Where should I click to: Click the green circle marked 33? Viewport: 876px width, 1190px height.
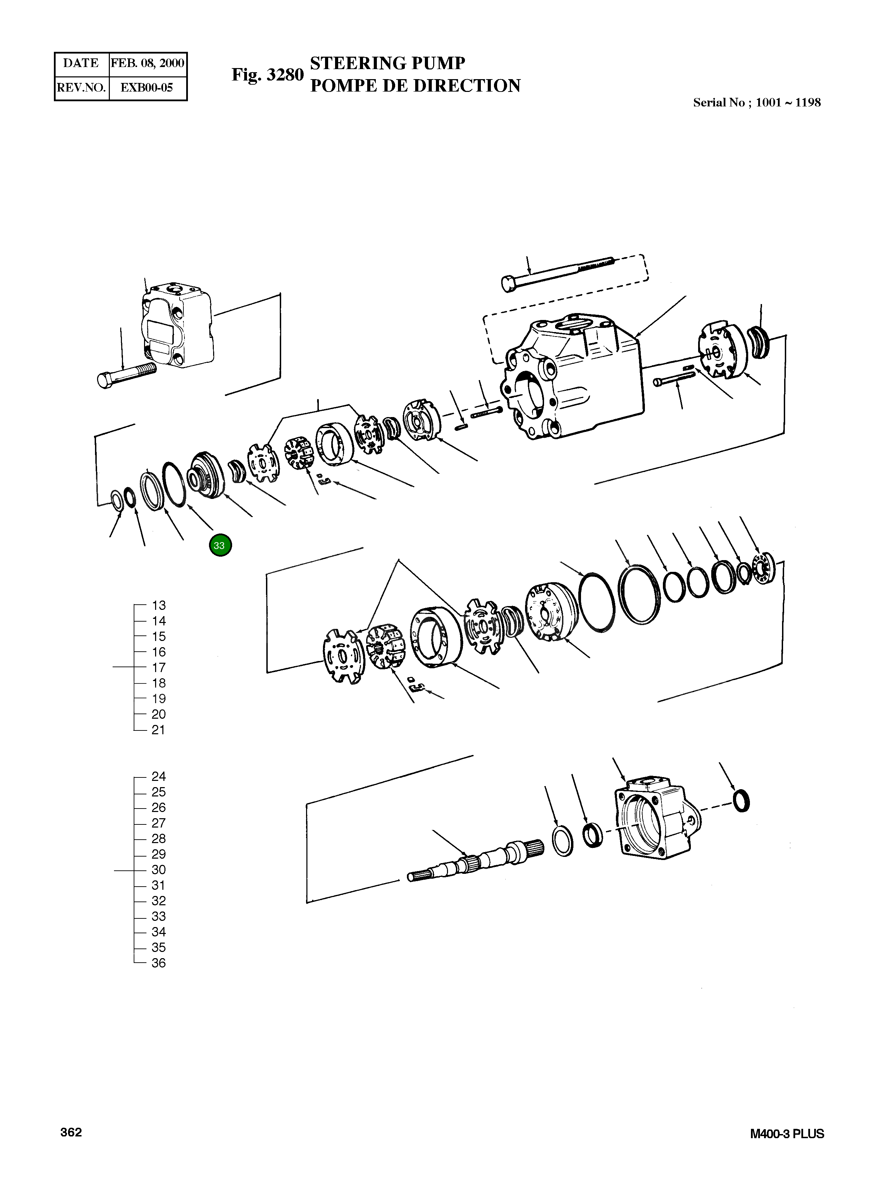(x=220, y=545)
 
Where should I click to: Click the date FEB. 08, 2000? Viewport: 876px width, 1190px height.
(x=147, y=63)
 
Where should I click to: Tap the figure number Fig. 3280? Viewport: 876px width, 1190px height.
(x=267, y=75)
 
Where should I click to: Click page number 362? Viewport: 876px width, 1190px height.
(x=71, y=1132)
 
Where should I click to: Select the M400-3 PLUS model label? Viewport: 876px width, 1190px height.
(x=787, y=1134)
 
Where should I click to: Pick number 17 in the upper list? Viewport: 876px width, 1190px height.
(x=159, y=668)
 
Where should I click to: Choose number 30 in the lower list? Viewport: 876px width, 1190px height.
(x=159, y=870)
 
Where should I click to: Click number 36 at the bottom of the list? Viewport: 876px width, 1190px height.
(x=159, y=963)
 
